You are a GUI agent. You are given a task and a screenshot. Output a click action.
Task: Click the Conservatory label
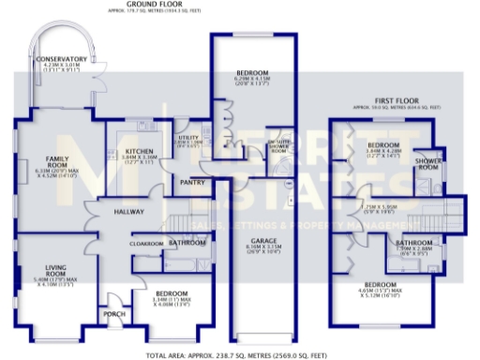click(62, 59)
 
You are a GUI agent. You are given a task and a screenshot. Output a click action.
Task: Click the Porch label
click(115, 314)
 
